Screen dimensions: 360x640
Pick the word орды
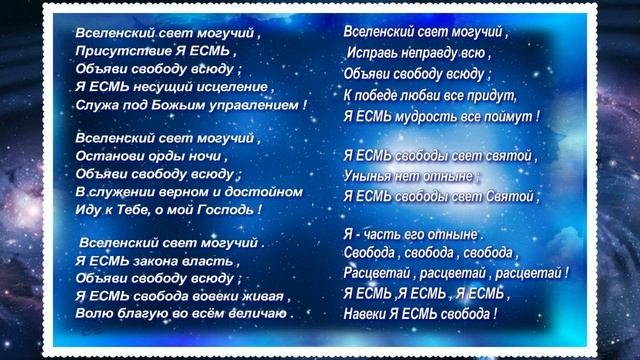[x=161, y=156]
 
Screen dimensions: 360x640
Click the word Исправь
[x=373, y=52]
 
